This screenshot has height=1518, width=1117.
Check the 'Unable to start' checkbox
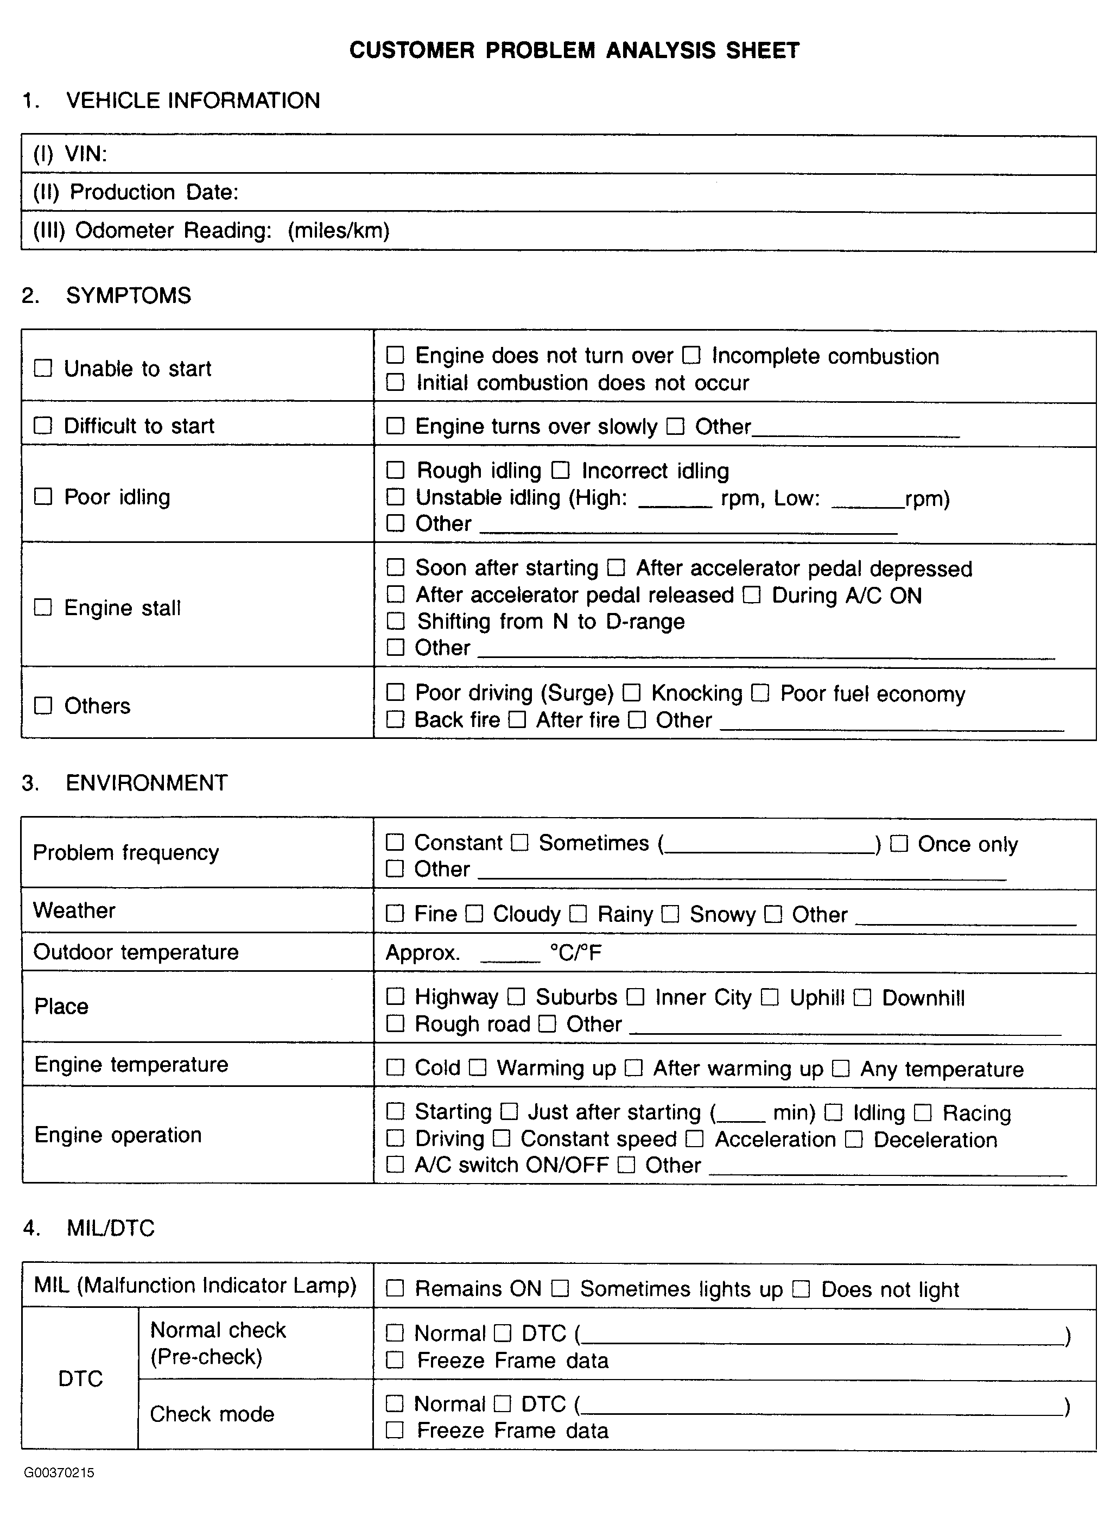click(x=43, y=369)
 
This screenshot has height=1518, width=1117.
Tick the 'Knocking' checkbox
click(x=632, y=692)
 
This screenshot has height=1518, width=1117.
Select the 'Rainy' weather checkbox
click(x=577, y=914)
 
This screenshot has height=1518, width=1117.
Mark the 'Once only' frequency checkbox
click(x=899, y=843)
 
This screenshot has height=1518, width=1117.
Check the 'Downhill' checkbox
click(x=862, y=997)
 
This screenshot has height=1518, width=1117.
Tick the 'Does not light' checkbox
click(x=801, y=1289)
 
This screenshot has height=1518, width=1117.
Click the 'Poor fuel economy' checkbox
click(x=760, y=692)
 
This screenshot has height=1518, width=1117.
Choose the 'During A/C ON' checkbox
click(x=752, y=595)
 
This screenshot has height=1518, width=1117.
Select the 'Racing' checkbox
click(x=923, y=1112)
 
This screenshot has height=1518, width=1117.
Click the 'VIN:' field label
click(x=85, y=155)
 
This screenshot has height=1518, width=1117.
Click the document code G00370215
click(x=60, y=1473)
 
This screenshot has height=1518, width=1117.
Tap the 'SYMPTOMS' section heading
click(x=129, y=295)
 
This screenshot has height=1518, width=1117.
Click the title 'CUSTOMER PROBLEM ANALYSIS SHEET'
click(x=574, y=50)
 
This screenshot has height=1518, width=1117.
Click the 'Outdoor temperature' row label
click(x=136, y=952)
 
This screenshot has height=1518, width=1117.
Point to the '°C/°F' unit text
click(x=575, y=953)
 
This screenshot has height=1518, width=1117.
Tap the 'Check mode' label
click(x=212, y=1414)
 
